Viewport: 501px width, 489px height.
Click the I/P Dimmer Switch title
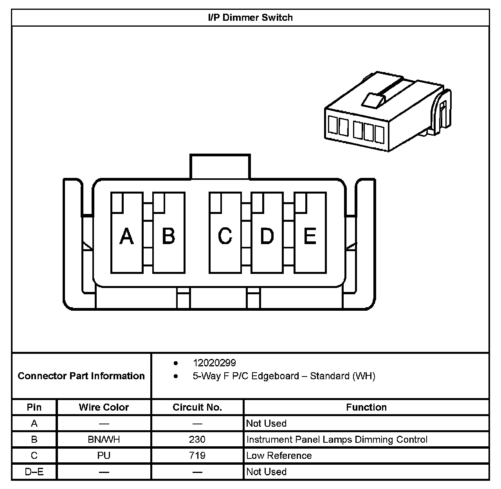[x=250, y=18]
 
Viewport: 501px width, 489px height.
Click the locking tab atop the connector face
[x=220, y=167]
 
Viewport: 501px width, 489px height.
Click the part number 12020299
[x=214, y=363]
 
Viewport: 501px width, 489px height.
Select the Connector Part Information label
[x=81, y=376]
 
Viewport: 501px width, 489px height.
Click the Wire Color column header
[x=104, y=407]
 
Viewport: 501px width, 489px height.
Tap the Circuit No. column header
[x=197, y=407]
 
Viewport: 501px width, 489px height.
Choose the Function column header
[x=366, y=407]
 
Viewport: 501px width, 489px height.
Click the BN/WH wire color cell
[x=104, y=440]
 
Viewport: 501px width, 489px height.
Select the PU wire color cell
[x=104, y=456]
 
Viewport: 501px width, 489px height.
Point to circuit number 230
[x=197, y=440]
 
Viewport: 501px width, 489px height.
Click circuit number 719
[x=197, y=456]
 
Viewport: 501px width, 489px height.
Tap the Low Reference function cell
[x=279, y=456]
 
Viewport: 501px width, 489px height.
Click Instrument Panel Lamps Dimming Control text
[x=337, y=440]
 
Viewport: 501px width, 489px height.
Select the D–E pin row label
[x=34, y=472]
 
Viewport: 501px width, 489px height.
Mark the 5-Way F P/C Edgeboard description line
[x=284, y=376]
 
